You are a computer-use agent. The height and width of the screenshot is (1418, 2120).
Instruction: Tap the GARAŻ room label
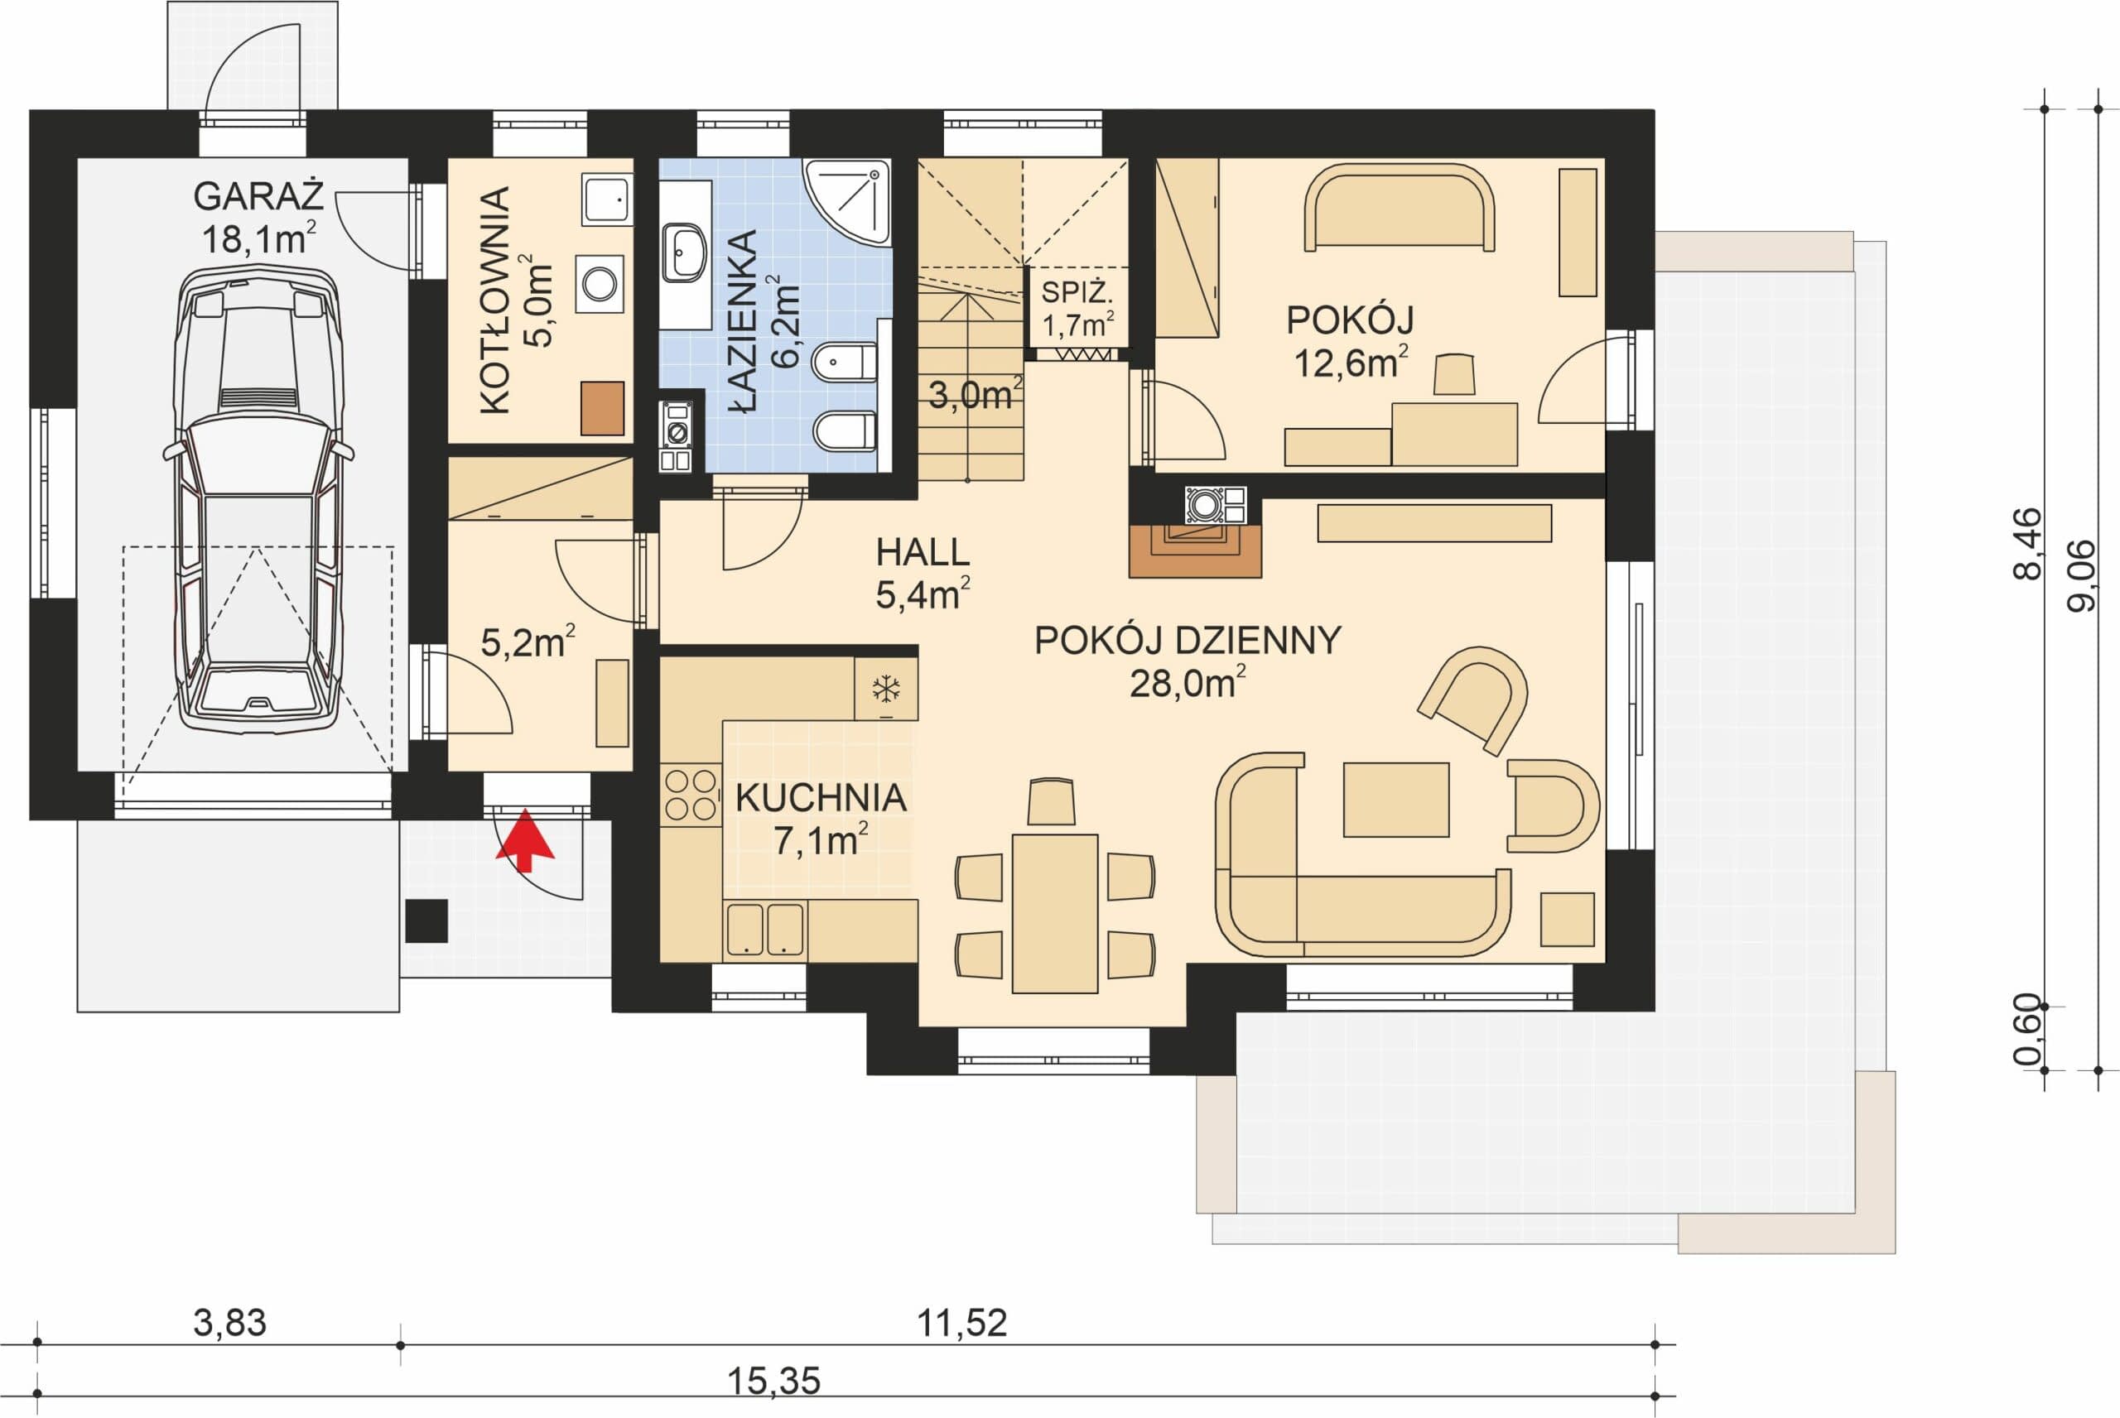tap(258, 196)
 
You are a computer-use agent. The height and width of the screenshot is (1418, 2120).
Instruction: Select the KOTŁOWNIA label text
tap(494, 300)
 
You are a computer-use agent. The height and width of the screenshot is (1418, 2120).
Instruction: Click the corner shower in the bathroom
tap(847, 202)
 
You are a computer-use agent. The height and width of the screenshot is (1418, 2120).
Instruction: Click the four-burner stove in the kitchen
tap(690, 795)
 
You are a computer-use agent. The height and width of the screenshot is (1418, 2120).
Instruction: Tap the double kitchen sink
tap(765, 929)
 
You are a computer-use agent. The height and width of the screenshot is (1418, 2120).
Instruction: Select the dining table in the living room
tap(1054, 913)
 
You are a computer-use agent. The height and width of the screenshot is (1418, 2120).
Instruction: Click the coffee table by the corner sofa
tap(1395, 800)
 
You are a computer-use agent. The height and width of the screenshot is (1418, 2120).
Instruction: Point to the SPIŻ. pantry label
tap(1077, 292)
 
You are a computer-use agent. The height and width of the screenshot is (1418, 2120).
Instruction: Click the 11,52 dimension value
tap(961, 1324)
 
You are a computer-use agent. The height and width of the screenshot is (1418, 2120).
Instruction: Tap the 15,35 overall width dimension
tap(774, 1381)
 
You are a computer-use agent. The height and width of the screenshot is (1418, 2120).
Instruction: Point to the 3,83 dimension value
tap(229, 1324)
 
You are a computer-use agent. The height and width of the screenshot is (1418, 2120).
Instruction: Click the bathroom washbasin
tap(685, 252)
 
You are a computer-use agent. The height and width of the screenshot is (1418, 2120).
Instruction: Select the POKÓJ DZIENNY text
tap(1188, 640)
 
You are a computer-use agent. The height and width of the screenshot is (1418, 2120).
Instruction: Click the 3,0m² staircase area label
tap(975, 394)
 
